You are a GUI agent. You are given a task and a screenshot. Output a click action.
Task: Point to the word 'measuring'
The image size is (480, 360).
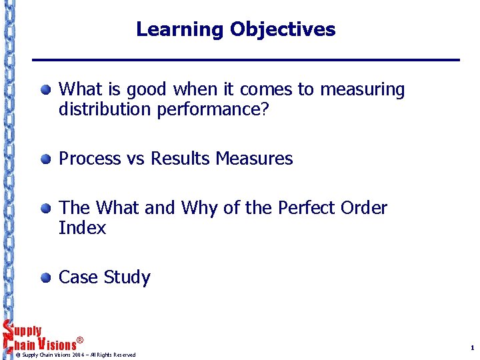tap(362, 90)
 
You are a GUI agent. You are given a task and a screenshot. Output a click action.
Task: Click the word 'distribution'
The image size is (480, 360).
tap(105, 109)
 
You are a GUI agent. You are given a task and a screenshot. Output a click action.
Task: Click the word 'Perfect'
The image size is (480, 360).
tap(308, 208)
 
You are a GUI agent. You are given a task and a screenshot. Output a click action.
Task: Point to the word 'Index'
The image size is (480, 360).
tap(82, 228)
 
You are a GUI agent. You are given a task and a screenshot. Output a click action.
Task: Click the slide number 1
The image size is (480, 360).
tap(471, 348)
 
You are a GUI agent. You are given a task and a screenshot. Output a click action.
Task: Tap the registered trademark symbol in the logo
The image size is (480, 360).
tap(80, 341)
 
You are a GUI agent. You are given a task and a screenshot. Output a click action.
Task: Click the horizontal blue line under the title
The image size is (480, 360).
tap(247, 61)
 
